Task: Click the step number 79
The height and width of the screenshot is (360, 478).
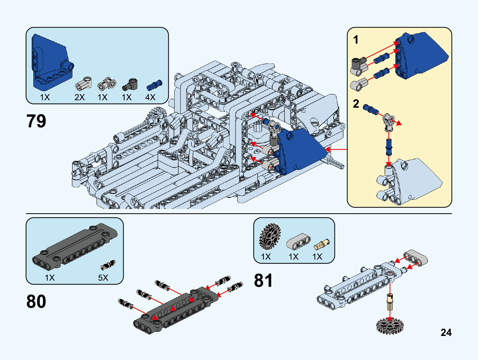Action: coord(36,121)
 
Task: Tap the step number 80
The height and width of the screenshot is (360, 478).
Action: coord(36,301)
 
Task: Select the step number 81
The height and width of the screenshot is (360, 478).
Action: coord(263,280)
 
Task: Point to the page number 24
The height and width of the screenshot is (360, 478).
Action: coord(446,332)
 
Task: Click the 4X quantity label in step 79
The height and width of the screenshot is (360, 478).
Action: coord(150,97)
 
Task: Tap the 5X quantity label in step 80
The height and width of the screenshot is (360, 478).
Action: coord(103,277)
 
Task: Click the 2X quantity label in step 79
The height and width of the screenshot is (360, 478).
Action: coord(80,97)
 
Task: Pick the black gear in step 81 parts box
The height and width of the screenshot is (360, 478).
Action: coord(269,236)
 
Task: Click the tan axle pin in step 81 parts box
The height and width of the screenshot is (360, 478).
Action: coord(321,245)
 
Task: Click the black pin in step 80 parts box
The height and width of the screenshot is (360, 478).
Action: coord(108,265)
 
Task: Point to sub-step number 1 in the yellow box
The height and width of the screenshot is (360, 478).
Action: coord(356,40)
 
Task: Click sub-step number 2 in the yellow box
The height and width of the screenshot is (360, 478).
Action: coord(356,104)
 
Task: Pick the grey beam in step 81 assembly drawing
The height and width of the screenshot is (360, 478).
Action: coord(416,258)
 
